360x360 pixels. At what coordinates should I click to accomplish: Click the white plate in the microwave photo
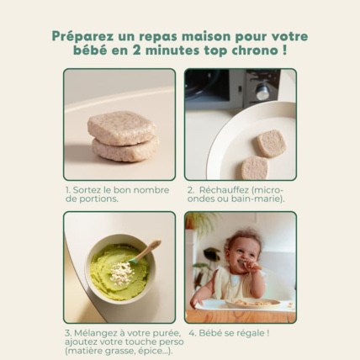(x=252, y=143)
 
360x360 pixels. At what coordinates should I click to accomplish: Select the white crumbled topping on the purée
(x=123, y=270)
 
